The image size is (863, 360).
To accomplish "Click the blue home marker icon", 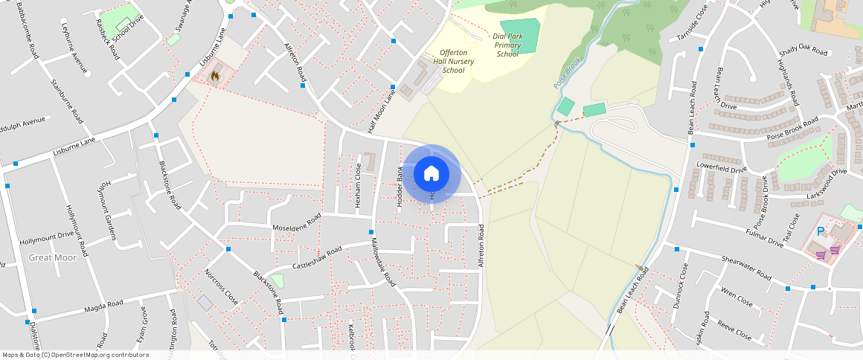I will point(431,174).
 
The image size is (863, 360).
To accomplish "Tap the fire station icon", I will point(215,75).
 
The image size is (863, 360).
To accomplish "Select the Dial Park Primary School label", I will point(507,45).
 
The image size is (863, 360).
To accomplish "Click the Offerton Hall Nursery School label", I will point(453,61).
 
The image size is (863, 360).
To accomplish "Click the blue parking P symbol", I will point(821,231).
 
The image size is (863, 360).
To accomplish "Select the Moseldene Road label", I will point(296,222).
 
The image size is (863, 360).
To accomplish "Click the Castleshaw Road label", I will point(316,257).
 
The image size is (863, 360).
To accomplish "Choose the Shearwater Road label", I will point(746,266).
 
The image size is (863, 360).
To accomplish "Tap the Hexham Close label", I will point(358,179).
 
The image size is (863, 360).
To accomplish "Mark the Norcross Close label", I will point(221,287).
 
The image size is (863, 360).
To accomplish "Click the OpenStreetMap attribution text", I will point(76,355).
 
